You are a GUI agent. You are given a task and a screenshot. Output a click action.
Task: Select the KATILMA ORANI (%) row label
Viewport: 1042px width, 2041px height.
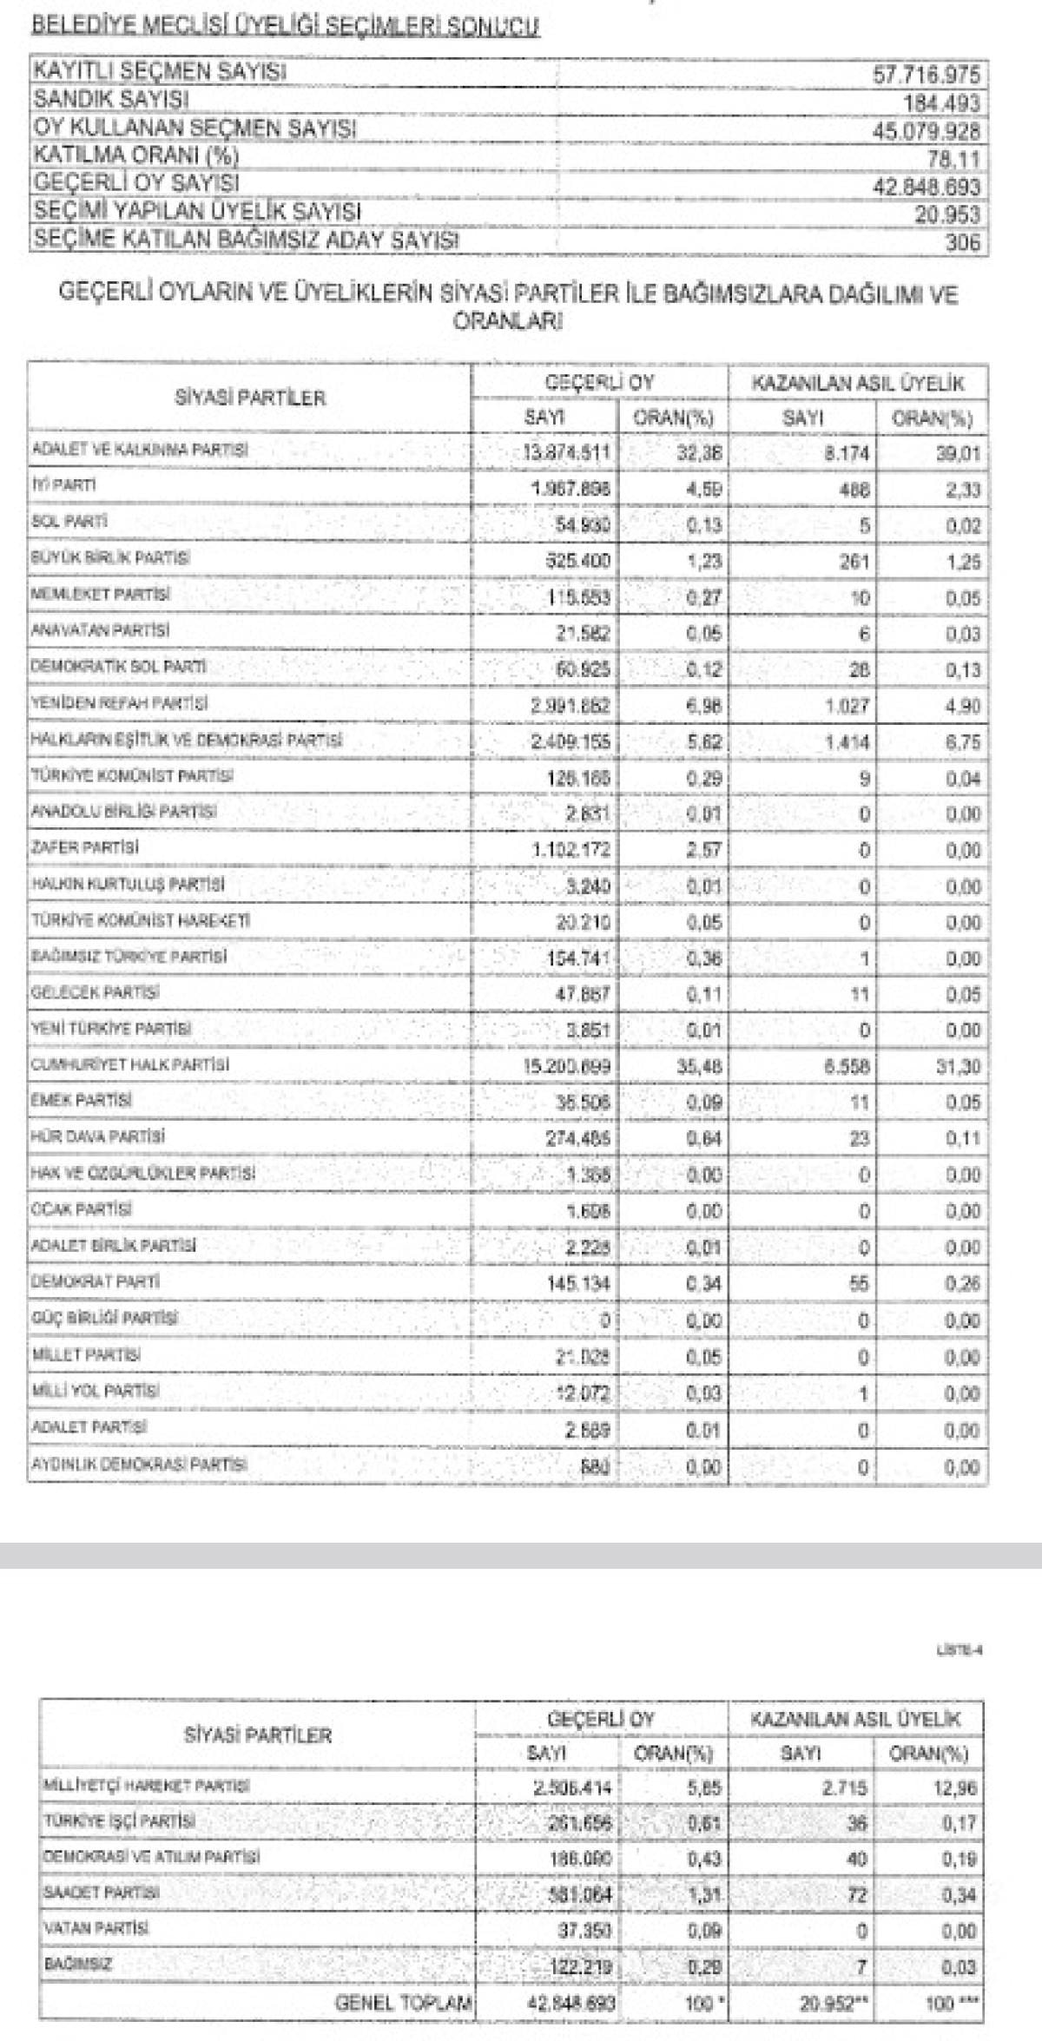point(135,156)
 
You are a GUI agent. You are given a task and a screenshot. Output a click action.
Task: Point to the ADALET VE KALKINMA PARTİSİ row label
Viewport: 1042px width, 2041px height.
point(139,450)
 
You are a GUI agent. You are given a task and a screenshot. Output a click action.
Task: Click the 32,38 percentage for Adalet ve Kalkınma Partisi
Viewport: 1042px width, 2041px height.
point(703,452)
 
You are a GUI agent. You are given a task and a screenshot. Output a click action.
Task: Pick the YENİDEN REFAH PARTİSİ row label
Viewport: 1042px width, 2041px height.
point(119,703)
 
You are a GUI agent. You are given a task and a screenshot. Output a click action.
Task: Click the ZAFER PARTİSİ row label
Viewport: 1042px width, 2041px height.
point(84,847)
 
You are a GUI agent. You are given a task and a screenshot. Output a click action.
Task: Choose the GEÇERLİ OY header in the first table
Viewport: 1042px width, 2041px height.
point(600,383)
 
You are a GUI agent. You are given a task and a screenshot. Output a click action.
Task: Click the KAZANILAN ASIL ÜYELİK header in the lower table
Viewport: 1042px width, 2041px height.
point(856,1719)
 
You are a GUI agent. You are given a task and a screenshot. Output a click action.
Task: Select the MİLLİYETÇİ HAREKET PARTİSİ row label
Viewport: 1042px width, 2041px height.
point(146,1786)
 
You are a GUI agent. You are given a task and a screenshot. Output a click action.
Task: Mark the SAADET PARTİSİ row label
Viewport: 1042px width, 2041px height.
point(101,1893)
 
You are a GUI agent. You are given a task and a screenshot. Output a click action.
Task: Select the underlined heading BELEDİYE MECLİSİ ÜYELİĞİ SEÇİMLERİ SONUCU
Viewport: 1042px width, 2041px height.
point(285,28)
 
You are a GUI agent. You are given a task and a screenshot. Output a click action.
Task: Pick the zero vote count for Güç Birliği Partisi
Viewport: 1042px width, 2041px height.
point(605,1320)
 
